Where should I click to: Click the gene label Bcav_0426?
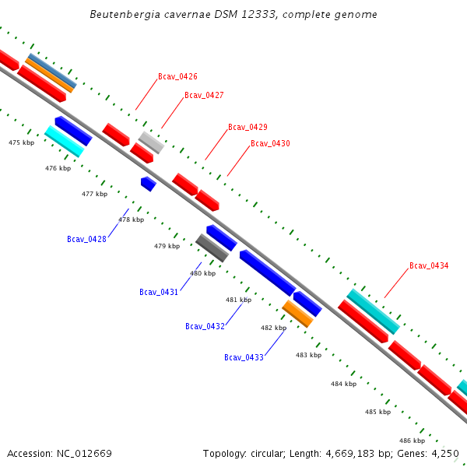[177, 76]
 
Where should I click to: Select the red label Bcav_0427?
[204, 95]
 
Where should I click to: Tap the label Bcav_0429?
[248, 127]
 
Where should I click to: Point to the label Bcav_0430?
[270, 143]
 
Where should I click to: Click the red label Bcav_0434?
[429, 265]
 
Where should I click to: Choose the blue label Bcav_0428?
[86, 239]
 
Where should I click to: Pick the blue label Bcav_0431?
[159, 292]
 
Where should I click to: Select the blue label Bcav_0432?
[205, 326]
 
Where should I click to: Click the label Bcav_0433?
[244, 357]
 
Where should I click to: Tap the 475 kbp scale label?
[22, 143]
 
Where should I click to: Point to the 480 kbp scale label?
[203, 273]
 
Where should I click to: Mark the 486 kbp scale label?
[413, 441]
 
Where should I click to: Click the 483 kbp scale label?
[308, 355]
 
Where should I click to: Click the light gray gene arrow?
[151, 142]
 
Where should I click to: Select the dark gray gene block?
[212, 248]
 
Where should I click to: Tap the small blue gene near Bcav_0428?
[148, 184]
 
